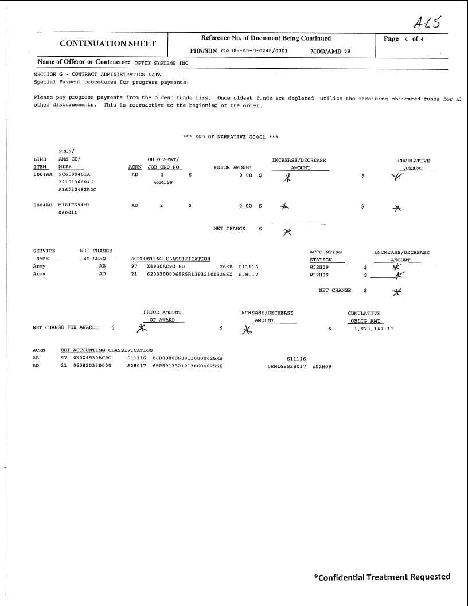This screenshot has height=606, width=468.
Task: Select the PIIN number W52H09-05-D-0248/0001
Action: tap(254, 50)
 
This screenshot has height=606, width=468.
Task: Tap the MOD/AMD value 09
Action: tap(347, 51)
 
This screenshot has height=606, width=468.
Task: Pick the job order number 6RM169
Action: tap(163, 182)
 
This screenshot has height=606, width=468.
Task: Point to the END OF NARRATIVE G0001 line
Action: tap(230, 136)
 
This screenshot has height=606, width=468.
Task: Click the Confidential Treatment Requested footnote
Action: tap(382, 577)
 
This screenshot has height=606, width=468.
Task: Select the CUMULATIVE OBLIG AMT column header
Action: tap(364, 317)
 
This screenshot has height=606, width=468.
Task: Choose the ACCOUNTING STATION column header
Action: tap(325, 256)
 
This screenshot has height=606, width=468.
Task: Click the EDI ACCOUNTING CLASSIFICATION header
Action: tap(107, 350)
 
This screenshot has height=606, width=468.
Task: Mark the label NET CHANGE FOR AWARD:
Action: tap(65, 328)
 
